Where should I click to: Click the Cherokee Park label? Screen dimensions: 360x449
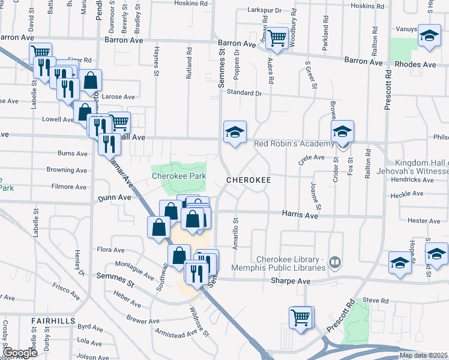tap(178, 176)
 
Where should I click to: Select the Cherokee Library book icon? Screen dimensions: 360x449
tap(335, 262)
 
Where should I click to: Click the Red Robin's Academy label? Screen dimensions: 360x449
tap(294, 144)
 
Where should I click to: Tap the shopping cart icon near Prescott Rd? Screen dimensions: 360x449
tap(301, 317)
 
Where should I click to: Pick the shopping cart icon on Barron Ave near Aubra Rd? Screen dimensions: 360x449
tap(277, 39)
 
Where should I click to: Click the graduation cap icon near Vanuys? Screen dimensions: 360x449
tap(429, 36)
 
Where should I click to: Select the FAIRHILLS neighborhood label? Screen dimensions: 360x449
tap(53, 321)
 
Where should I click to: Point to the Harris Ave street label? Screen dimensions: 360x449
tap(300, 214)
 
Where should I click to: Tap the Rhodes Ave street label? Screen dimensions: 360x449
tap(415, 64)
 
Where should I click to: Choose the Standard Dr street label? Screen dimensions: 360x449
tap(244, 93)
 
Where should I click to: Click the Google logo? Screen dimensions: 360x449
tap(19, 353)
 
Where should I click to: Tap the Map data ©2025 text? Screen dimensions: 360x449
tap(423, 355)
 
